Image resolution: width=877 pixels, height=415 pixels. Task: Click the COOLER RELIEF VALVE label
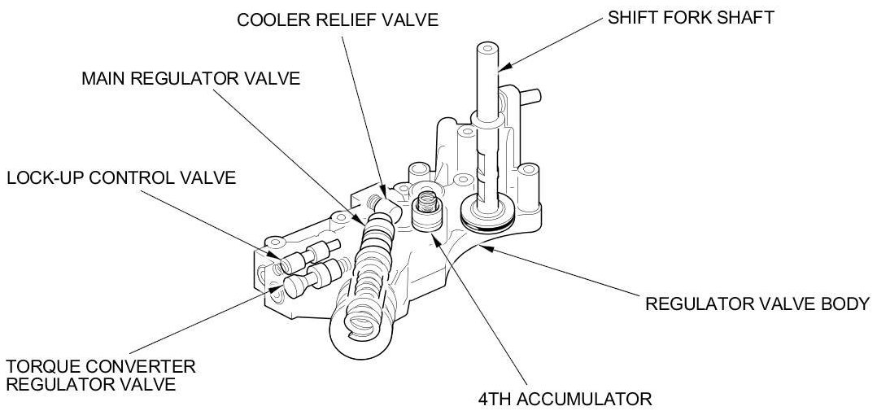pos(338,19)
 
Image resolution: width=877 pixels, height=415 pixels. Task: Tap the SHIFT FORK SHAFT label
pos(689,17)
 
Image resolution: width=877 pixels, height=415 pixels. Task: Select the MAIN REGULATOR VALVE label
pos(191,79)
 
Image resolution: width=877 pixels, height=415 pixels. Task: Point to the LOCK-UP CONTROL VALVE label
pos(121,177)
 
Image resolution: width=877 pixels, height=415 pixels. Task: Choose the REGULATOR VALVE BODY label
pos(757,304)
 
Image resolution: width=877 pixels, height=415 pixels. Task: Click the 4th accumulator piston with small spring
pos(424,211)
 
